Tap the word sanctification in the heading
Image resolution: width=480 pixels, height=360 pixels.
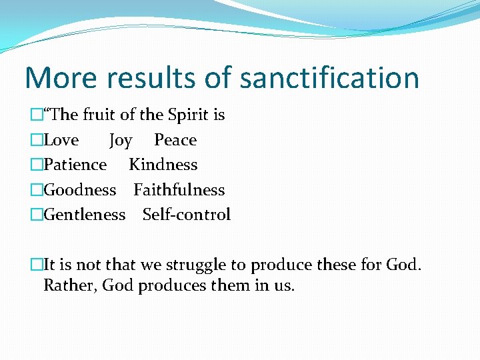(x=329, y=77)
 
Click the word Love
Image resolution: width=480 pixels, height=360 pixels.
(x=61, y=140)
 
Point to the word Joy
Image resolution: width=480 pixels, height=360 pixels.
(x=121, y=141)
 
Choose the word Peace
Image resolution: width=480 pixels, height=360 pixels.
(x=175, y=140)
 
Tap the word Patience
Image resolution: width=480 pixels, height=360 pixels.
(x=75, y=165)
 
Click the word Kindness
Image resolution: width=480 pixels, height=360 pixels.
(x=163, y=165)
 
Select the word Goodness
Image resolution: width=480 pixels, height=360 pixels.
(x=79, y=190)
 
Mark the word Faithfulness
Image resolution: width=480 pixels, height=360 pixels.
(x=179, y=190)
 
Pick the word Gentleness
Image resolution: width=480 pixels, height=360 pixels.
(x=84, y=215)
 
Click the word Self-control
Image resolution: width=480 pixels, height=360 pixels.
(x=187, y=215)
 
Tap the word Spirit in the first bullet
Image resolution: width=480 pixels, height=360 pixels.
(x=189, y=115)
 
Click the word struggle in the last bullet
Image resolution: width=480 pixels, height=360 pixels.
(x=196, y=265)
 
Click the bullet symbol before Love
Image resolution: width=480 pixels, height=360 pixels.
(x=37, y=141)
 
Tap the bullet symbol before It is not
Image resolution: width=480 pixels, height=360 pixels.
(x=37, y=265)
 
